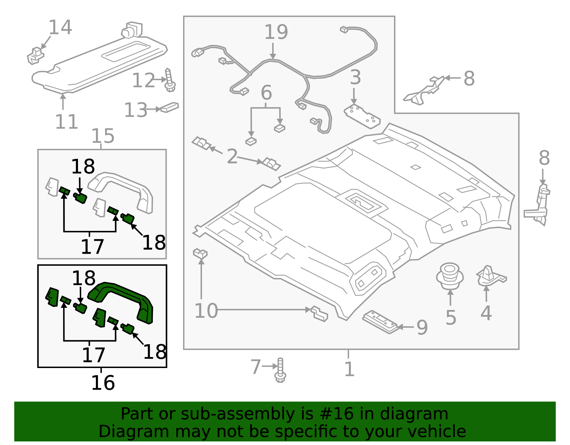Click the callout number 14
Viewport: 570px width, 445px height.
60,27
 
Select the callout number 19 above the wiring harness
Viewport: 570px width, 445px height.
276,32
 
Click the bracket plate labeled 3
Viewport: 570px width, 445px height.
362,116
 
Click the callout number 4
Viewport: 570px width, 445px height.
486,313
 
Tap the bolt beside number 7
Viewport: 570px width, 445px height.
280,371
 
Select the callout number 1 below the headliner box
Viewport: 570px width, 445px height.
349,369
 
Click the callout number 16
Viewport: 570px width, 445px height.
103,383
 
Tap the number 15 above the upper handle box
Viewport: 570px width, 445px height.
103,136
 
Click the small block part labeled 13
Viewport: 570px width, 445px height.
170,107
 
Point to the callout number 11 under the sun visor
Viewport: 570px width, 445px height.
67,122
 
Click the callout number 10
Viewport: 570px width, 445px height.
206,311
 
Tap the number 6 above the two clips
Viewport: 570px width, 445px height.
266,93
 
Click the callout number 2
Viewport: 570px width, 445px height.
232,156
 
